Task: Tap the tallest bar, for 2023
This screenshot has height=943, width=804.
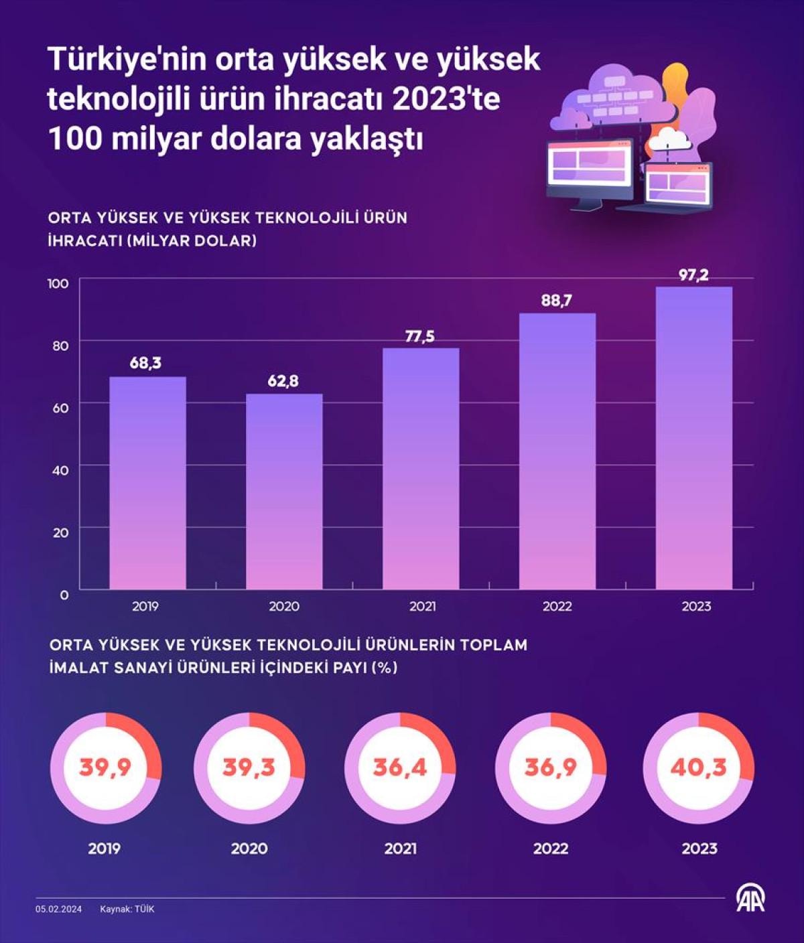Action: [x=693, y=438]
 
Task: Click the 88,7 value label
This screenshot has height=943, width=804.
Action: [x=557, y=301]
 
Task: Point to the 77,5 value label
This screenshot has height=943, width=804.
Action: [x=419, y=336]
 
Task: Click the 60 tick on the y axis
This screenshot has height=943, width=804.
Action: [x=60, y=407]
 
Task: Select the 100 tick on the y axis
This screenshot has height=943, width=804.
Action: [x=58, y=283]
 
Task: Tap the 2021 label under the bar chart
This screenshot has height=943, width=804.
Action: [x=421, y=607]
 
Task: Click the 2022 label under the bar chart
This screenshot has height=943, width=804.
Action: [x=557, y=607]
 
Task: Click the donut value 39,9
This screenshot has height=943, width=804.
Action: [x=105, y=768]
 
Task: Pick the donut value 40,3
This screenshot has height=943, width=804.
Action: [x=698, y=768]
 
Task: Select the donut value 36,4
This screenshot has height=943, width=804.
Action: [x=400, y=768]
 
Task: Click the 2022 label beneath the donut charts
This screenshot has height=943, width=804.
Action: [x=551, y=849]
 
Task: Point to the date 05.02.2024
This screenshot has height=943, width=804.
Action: [x=59, y=909]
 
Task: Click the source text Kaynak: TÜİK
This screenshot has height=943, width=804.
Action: [x=127, y=909]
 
